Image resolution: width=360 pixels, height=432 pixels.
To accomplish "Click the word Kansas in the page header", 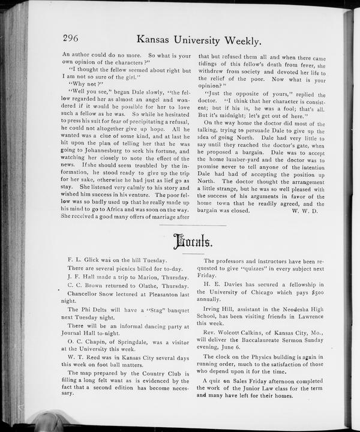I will (x=157, y=41).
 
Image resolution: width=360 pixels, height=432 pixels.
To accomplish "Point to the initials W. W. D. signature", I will (x=308, y=211).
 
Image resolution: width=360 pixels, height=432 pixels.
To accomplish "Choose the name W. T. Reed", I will (x=82, y=358).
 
